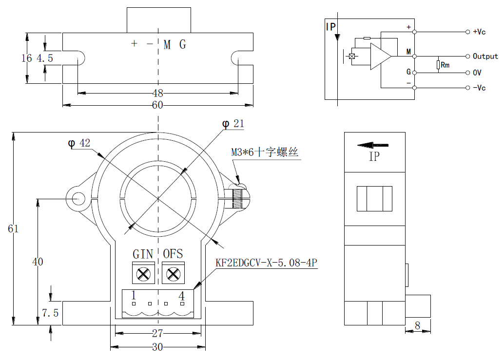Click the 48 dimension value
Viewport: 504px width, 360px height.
pyautogui.click(x=157, y=93)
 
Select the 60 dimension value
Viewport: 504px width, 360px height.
pyautogui.click(x=157, y=105)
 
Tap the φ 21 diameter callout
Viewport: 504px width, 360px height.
pyautogui.click(x=233, y=124)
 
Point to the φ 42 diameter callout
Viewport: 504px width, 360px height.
pyautogui.click(x=79, y=143)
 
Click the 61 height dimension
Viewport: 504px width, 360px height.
pyautogui.click(x=13, y=228)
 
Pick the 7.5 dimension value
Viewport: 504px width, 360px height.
pyautogui.click(x=50, y=313)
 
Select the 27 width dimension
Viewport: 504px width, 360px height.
pyautogui.click(x=157, y=334)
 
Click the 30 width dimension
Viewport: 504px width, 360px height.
pyautogui.click(x=157, y=347)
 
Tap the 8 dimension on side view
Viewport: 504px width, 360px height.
pyautogui.click(x=417, y=325)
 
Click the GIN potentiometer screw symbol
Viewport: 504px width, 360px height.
pyautogui.click(x=143, y=274)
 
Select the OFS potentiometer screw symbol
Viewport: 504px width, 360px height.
pyautogui.click(x=173, y=274)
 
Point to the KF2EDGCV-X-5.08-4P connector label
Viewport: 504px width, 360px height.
pyautogui.click(x=267, y=264)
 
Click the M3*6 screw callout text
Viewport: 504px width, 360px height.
pyautogui.click(x=264, y=152)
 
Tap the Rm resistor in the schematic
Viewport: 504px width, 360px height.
pyautogui.click(x=438, y=64)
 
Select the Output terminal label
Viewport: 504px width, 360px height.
pyautogui.click(x=485, y=57)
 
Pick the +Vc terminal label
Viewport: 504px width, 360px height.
pyautogui.click(x=479, y=32)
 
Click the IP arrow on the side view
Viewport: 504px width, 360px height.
pyautogui.click(x=373, y=145)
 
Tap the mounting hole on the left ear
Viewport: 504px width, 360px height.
pyautogui.click(x=78, y=199)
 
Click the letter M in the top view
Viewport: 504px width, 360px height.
pyautogui.click(x=167, y=45)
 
